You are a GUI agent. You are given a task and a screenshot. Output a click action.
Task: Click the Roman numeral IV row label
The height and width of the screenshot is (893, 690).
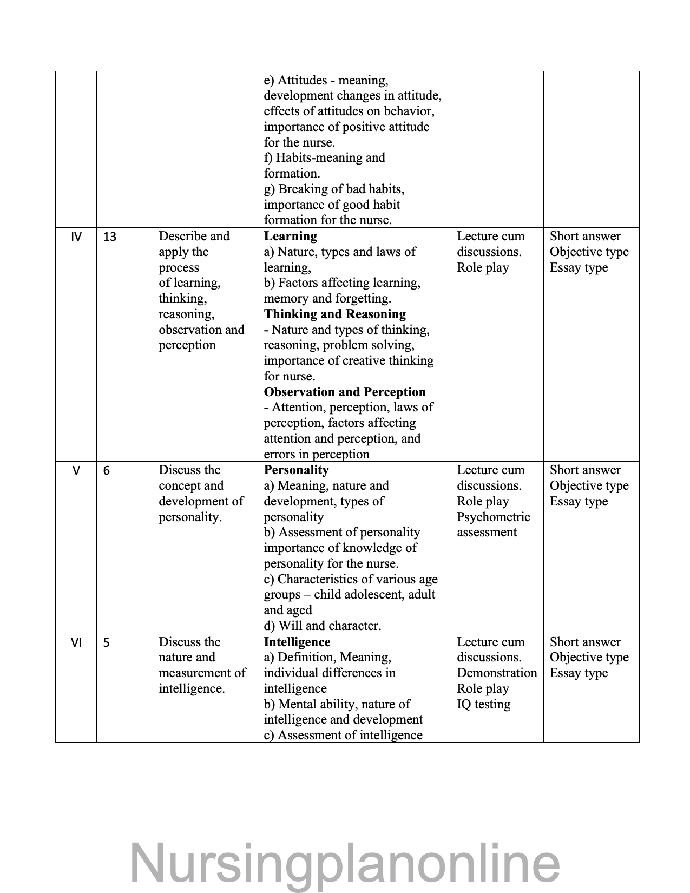(x=76, y=237)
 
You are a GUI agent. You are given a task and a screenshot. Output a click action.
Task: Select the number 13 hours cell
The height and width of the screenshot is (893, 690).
(x=109, y=237)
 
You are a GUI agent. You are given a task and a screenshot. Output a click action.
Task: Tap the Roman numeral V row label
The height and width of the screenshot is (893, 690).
(x=76, y=470)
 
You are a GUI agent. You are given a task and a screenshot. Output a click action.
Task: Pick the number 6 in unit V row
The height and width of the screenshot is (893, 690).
(x=106, y=470)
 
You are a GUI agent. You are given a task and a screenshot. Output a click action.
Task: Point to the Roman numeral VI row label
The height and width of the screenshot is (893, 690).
(x=76, y=642)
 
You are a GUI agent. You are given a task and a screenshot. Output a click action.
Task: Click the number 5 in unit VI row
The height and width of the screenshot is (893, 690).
(x=106, y=642)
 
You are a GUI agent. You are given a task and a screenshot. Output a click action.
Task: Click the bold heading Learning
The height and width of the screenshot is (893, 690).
(x=290, y=236)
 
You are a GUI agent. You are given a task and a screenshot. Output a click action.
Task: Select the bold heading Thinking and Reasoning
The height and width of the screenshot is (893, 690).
(x=334, y=314)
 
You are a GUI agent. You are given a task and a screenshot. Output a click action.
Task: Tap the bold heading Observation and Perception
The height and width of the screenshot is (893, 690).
(x=344, y=392)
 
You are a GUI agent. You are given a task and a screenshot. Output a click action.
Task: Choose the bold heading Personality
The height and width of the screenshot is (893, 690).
(x=296, y=470)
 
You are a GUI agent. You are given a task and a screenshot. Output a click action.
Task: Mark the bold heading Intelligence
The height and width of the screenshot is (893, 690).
(x=297, y=642)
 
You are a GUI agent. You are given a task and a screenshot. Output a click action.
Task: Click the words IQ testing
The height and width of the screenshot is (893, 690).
(x=483, y=704)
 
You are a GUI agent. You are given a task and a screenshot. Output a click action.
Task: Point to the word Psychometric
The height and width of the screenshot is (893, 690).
(x=493, y=517)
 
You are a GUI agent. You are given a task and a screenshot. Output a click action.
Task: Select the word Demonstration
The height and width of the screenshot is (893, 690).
(x=497, y=673)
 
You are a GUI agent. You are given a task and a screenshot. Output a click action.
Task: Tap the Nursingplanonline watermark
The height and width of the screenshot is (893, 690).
(x=345, y=862)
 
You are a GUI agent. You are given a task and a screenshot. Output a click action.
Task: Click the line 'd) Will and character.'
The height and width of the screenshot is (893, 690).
(x=322, y=626)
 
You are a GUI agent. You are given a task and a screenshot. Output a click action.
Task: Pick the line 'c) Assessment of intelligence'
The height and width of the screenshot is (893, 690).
(x=343, y=735)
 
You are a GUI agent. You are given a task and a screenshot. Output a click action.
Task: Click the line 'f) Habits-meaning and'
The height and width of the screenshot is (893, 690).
(x=324, y=157)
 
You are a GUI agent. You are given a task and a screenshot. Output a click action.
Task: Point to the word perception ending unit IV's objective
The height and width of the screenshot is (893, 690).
(x=187, y=345)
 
